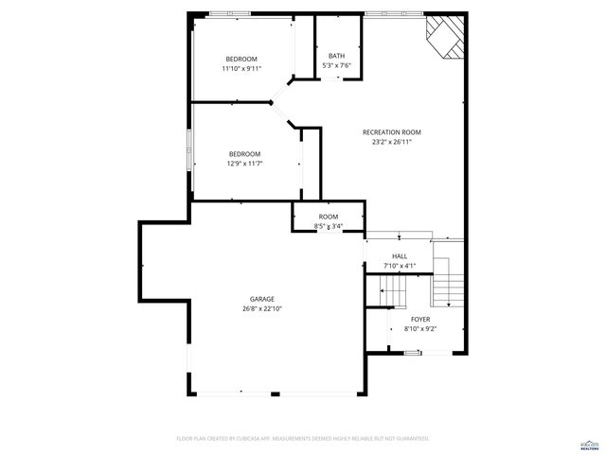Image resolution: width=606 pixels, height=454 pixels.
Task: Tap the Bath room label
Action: pos(337,56)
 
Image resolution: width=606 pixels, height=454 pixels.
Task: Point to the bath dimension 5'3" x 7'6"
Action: pos(337,65)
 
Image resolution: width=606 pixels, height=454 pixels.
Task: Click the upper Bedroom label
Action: pos(241,59)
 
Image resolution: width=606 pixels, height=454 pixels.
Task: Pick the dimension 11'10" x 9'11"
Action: pos(241,68)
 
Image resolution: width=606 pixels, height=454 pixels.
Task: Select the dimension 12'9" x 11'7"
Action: pos(244,164)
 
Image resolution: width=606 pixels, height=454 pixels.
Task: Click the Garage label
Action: pos(262,299)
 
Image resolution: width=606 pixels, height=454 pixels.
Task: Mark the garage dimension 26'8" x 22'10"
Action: pos(262,308)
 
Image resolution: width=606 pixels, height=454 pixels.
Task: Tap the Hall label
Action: pos(400,256)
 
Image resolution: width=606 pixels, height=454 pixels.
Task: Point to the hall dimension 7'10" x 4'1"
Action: pos(400,266)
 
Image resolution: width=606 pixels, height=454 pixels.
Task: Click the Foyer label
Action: pos(419,320)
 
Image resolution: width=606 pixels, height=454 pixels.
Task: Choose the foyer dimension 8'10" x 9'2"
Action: pos(419,329)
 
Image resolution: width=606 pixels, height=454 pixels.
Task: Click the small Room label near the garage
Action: pos(328,217)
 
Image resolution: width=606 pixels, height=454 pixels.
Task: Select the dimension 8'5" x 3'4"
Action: pos(328,226)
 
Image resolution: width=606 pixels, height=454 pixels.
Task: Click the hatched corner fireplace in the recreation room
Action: pos(446,36)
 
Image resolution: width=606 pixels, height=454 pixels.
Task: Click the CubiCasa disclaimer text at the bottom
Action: pos(303,439)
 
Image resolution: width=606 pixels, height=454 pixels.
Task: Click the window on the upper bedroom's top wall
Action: pos(231,14)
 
